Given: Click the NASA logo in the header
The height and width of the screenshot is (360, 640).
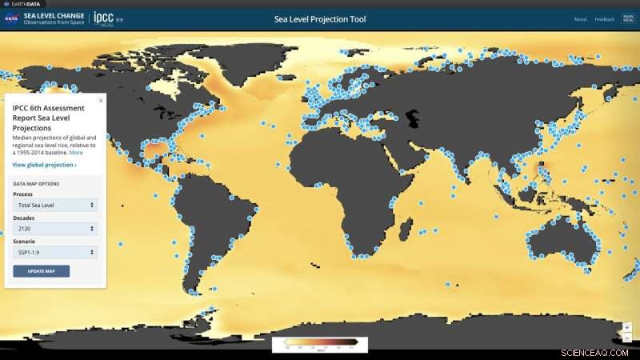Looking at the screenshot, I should [x=11, y=18].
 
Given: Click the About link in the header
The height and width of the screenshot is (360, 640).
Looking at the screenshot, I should [x=580, y=19].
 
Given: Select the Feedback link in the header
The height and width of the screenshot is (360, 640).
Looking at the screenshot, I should [x=604, y=19].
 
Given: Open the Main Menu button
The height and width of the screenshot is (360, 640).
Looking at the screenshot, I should [x=628, y=19].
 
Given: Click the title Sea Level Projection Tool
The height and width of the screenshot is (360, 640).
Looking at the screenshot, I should [x=320, y=19].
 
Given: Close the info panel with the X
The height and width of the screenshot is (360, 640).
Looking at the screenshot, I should [x=100, y=101].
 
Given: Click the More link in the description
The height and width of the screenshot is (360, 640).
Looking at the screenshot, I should [x=76, y=152].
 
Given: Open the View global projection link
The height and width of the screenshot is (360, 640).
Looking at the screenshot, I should [x=45, y=165].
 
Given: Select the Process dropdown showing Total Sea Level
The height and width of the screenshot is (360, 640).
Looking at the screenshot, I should [x=55, y=205].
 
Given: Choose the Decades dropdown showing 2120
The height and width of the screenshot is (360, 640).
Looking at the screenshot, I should [x=55, y=229].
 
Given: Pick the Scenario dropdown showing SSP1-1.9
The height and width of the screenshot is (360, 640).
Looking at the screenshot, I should [x=55, y=253].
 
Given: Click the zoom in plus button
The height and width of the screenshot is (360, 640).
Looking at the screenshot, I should [x=627, y=327].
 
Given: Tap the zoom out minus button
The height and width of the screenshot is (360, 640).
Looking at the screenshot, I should [x=627, y=338].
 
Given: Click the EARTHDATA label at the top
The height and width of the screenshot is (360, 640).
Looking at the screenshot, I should [x=26, y=4].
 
